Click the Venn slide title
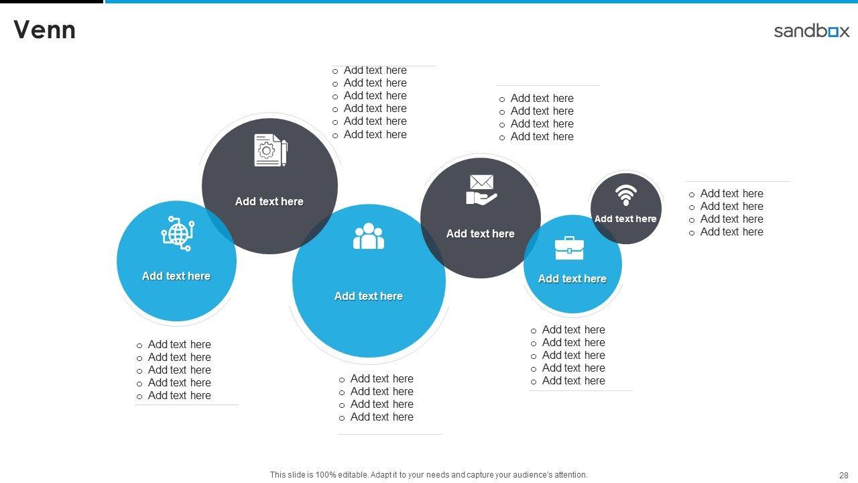(x=44, y=30)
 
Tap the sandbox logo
(x=811, y=31)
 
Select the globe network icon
(x=178, y=233)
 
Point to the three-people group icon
(x=369, y=236)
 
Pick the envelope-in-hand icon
(x=481, y=189)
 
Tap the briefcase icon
(x=569, y=248)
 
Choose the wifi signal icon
(x=625, y=195)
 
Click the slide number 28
(x=843, y=475)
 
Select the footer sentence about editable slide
(x=428, y=475)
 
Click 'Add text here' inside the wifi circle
(x=625, y=219)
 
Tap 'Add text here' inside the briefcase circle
(x=572, y=278)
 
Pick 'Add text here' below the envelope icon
(x=480, y=233)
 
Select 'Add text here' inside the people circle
(x=368, y=296)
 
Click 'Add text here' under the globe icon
(x=176, y=276)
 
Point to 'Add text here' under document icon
(x=269, y=201)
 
